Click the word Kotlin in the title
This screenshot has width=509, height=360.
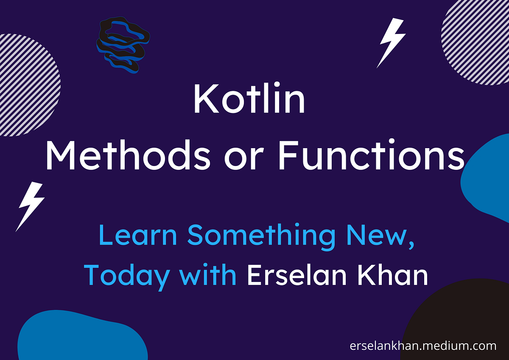coord(249,100)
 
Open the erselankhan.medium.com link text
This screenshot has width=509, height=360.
coord(423,346)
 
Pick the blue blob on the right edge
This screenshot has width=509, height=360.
coord(488,174)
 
